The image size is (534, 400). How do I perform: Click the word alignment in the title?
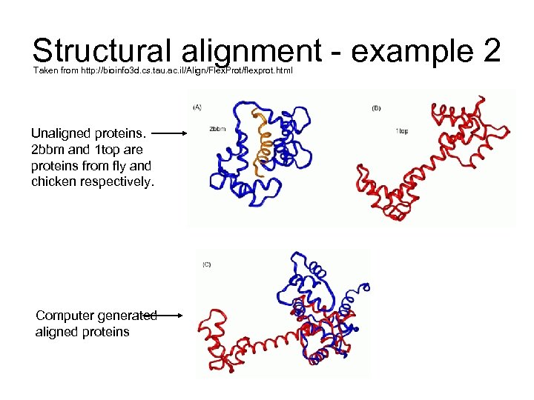[248, 52]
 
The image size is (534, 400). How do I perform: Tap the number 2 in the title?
[491, 52]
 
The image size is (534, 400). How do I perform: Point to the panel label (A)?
[197, 108]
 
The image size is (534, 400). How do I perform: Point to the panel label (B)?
[376, 108]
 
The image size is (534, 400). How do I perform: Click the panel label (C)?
[207, 264]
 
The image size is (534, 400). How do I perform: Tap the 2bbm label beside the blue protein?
[218, 130]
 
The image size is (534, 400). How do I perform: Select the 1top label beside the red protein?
[401, 131]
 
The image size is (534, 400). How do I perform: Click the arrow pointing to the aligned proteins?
[170, 315]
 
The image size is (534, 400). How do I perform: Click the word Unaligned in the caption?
[61, 134]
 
